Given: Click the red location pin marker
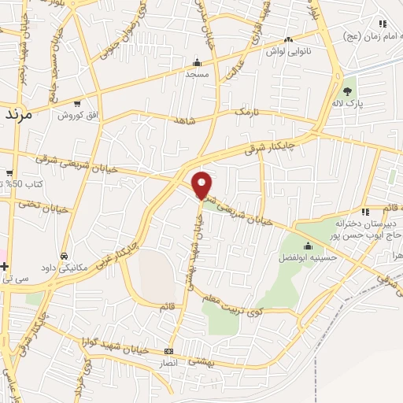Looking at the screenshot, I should (x=202, y=184).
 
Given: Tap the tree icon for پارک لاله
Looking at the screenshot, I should (x=347, y=91).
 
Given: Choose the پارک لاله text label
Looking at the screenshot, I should (x=346, y=103).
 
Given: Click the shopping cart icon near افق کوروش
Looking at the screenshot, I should (x=76, y=103).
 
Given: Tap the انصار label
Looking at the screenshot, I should (x=168, y=363).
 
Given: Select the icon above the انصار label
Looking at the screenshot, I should (x=168, y=352).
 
